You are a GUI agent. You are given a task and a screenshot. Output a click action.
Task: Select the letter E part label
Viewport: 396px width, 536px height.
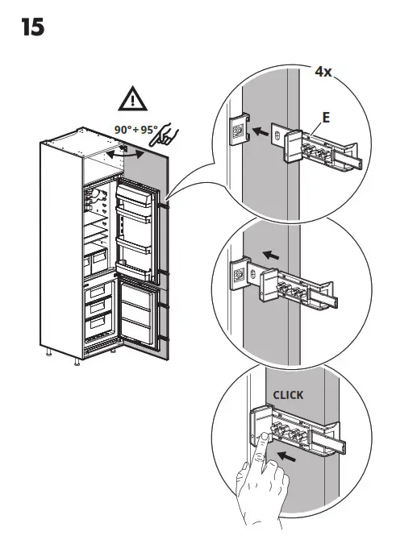326,118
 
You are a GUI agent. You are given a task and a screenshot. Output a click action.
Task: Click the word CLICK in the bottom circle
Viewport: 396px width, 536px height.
288,395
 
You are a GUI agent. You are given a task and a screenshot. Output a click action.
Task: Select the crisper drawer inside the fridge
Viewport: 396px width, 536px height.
96,263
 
